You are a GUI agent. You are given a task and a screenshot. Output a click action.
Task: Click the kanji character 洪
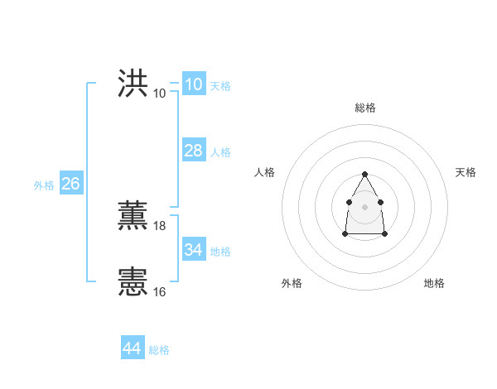[133, 84]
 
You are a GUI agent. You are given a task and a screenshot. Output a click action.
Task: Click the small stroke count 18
[160, 225]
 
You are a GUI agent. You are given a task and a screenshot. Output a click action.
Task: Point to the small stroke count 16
[160, 291]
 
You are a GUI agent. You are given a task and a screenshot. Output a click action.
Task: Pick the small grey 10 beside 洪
[160, 93]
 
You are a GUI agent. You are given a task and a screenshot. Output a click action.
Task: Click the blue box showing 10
[193, 84]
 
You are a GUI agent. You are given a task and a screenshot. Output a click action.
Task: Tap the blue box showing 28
[193, 151]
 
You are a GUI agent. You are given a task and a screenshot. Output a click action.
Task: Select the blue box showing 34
[193, 250]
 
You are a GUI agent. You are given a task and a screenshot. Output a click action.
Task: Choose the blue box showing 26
[70, 184]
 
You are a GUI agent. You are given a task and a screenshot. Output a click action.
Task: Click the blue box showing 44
[132, 348]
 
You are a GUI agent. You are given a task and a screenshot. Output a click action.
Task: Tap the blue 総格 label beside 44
[159, 350]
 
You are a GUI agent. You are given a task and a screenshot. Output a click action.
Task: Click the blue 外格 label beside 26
[44, 185]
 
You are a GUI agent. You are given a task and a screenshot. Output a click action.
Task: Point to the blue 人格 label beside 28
[220, 152]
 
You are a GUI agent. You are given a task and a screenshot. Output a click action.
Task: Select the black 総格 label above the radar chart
[364, 108]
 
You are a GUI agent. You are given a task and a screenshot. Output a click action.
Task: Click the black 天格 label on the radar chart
[466, 172]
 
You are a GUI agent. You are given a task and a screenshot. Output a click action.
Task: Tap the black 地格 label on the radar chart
[434, 284]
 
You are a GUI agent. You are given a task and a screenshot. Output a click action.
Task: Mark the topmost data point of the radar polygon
[364, 174]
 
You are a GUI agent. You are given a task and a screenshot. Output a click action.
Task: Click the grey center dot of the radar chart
[364, 206]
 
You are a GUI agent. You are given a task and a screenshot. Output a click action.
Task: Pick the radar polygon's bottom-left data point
[345, 234]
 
